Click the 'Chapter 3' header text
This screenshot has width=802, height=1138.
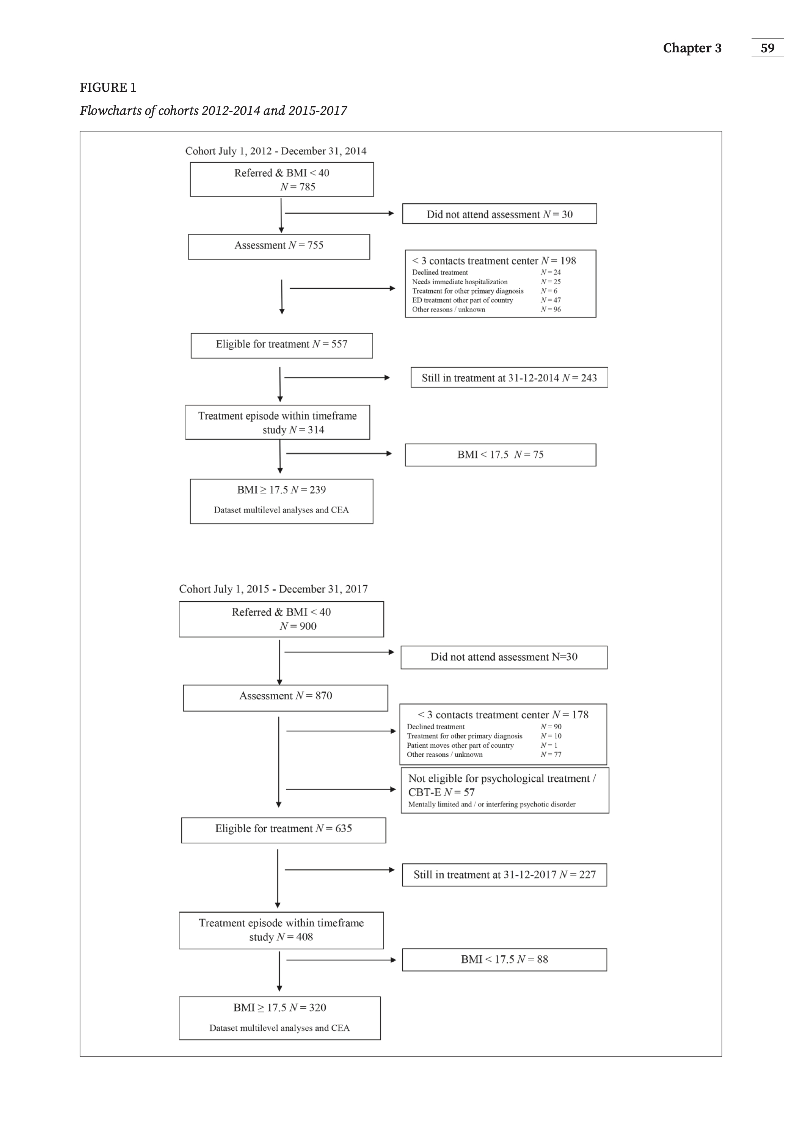(x=692, y=48)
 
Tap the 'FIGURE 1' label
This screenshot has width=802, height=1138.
(x=108, y=88)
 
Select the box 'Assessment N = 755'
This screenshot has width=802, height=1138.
(x=279, y=247)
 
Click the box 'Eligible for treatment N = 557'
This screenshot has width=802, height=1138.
(x=282, y=346)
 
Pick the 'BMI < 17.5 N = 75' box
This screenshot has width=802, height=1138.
(x=500, y=455)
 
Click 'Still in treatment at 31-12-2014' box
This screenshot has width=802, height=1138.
(x=509, y=377)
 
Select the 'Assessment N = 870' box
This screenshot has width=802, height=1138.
(x=285, y=698)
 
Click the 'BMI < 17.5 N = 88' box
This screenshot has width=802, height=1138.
(x=504, y=960)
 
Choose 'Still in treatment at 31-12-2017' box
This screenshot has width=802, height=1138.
(x=504, y=875)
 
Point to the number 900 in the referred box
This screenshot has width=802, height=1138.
(x=308, y=626)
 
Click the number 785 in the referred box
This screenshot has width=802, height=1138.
(x=307, y=187)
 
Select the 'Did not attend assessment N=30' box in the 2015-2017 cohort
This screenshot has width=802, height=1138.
(x=504, y=657)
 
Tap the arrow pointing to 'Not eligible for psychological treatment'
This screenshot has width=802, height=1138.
(x=341, y=789)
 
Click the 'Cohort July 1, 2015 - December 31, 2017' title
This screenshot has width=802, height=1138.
(x=273, y=589)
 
